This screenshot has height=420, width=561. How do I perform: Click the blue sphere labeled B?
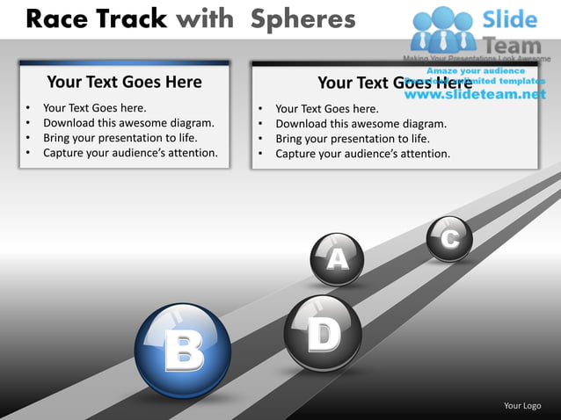tap(183, 351)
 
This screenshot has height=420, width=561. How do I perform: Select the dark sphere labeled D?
tap(323, 333)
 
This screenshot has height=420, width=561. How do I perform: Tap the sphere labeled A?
tap(337, 258)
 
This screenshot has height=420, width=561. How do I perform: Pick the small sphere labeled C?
tap(449, 238)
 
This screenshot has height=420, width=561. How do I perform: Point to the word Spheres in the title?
tap(302, 18)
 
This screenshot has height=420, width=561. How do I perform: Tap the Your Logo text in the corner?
tap(521, 405)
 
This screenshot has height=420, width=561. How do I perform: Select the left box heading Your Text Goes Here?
tap(124, 83)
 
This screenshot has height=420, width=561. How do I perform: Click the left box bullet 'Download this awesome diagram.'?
tap(128, 123)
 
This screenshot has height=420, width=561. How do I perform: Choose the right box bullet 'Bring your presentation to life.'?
tap(352, 139)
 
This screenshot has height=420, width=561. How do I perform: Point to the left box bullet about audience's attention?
tap(130, 153)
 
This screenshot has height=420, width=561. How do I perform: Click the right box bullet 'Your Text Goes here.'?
tap(326, 109)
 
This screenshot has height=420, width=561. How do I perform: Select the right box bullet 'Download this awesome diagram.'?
tap(361, 124)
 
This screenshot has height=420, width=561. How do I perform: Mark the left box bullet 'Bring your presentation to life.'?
tap(120, 138)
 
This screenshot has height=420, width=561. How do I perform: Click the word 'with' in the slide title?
tap(209, 18)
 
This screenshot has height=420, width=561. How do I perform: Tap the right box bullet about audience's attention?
tap(362, 154)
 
